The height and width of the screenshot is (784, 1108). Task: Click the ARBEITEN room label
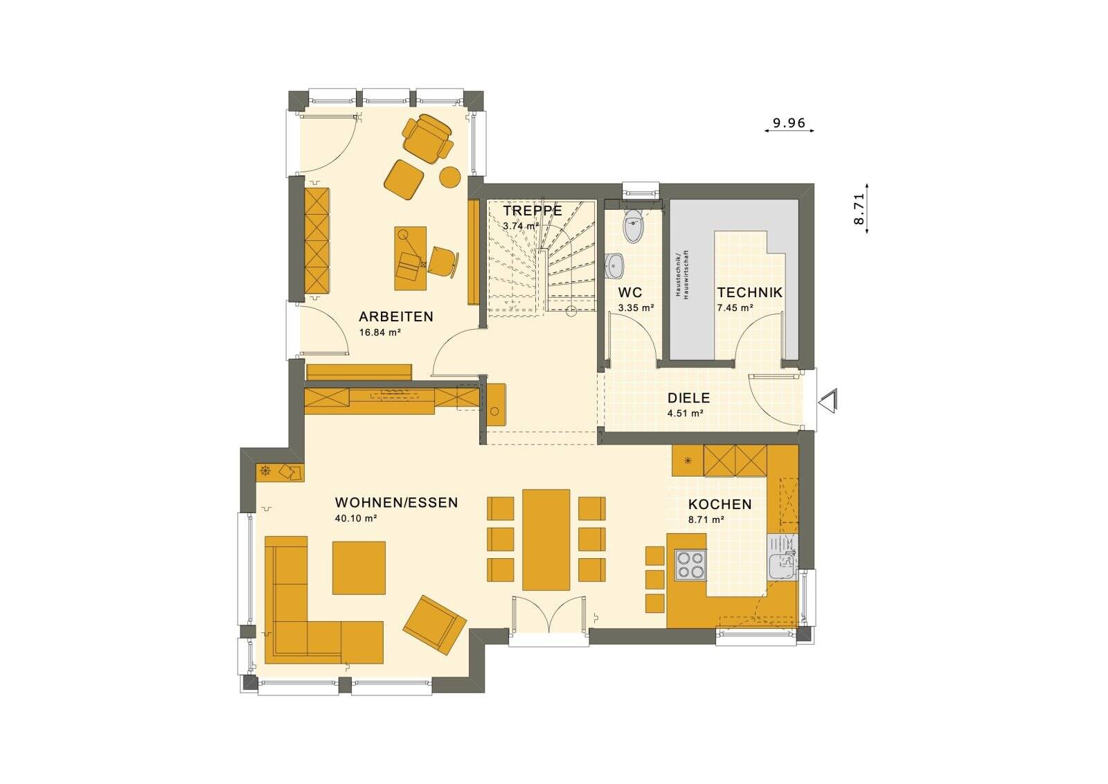coord(395,317)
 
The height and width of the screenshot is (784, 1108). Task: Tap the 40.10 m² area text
coord(355,518)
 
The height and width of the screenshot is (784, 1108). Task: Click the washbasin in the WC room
coord(614,264)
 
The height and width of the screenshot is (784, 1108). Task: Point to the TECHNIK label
coord(749,292)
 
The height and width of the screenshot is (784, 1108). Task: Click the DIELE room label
coord(688,398)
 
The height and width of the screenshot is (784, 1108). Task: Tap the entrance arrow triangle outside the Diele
coord(828,401)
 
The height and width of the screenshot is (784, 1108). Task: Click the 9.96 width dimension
coord(789,123)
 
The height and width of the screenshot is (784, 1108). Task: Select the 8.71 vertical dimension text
coord(859,208)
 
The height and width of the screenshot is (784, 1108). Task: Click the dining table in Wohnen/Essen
coord(546,540)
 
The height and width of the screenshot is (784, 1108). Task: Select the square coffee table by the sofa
coord(359,568)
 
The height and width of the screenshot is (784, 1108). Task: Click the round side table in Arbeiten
coord(450,177)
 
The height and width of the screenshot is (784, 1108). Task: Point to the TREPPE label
coord(533,211)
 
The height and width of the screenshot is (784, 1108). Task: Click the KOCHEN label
coord(720,504)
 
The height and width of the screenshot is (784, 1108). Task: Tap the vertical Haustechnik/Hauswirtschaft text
coord(681,274)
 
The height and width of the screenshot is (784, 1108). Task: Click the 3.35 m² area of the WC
coord(636,308)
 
